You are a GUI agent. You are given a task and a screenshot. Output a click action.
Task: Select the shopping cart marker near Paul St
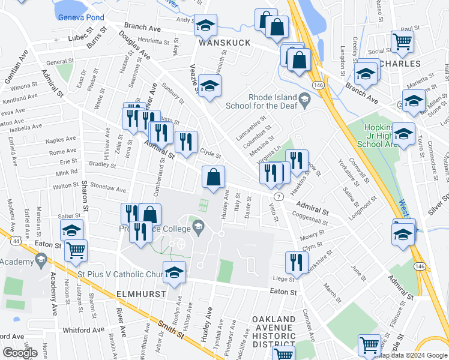point(402,41)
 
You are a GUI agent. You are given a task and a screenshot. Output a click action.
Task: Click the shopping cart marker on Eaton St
point(76,251)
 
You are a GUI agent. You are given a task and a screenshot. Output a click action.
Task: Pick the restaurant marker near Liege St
point(297,262)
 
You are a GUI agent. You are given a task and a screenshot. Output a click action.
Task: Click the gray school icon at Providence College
point(198,227)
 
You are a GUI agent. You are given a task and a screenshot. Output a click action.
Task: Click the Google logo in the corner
point(20,353)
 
